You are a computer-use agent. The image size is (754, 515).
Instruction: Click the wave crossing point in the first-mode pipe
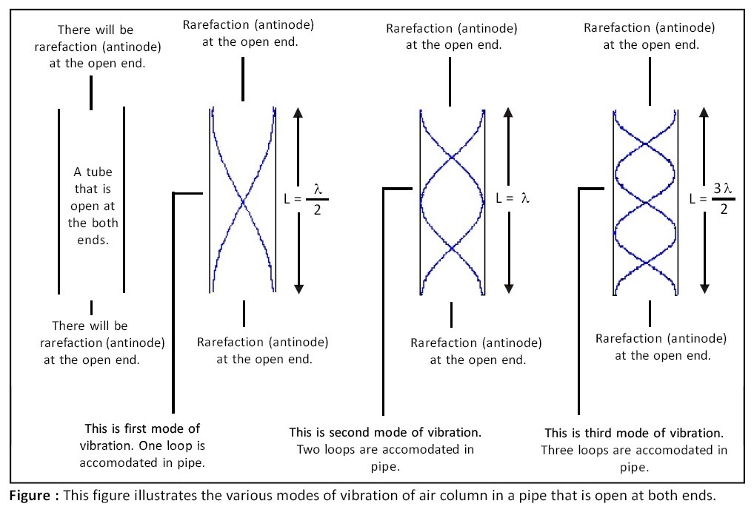242,200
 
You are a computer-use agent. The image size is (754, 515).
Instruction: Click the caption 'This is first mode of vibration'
142,428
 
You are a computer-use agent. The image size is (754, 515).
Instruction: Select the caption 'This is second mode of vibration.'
385,431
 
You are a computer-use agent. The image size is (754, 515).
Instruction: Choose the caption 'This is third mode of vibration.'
634,433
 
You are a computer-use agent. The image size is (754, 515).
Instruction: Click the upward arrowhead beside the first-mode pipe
298,113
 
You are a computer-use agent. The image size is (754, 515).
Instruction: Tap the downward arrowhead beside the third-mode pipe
705,286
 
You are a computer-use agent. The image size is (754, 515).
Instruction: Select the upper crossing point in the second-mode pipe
452,156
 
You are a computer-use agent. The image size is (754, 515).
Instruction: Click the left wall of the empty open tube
59,200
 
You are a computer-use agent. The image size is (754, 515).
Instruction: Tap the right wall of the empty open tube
124,200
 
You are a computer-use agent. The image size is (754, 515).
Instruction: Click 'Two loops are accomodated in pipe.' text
385,458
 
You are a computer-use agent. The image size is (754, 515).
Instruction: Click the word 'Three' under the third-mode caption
558,450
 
